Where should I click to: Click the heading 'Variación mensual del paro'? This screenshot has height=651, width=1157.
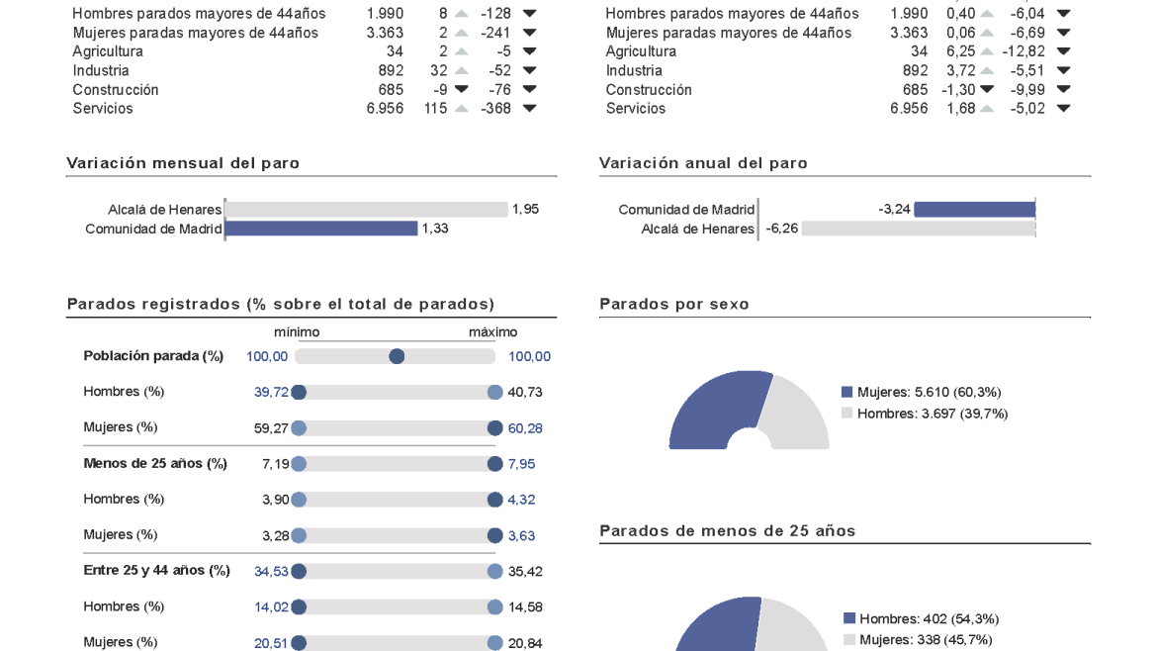183,163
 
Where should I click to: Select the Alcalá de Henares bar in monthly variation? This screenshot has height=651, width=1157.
366,210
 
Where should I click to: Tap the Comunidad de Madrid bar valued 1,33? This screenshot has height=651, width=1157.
321,229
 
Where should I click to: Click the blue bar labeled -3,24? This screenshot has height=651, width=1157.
974,210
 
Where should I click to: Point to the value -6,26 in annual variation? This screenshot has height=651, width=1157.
781,230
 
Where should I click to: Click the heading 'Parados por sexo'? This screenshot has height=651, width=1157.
674,305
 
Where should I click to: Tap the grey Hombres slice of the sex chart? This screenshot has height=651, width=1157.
799,416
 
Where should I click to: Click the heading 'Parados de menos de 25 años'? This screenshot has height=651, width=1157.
728,531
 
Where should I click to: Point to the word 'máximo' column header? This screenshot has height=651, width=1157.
492,332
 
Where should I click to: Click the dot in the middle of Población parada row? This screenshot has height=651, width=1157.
397,356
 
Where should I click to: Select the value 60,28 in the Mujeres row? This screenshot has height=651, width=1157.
525,428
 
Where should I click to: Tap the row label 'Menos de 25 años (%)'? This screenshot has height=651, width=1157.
155,464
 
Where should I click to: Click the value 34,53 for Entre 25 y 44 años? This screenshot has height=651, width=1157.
271,572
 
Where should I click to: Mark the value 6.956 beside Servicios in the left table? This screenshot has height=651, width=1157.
385,109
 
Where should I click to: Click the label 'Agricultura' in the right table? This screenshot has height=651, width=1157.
641,51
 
